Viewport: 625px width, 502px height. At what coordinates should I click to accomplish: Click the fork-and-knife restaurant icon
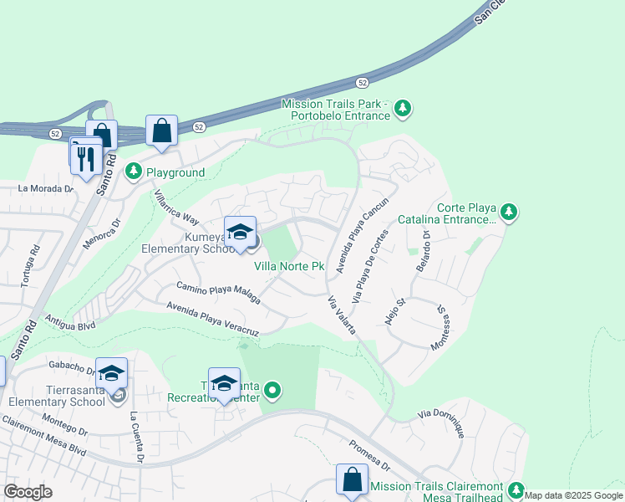(x=86, y=157)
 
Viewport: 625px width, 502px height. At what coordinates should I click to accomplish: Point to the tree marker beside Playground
(x=133, y=172)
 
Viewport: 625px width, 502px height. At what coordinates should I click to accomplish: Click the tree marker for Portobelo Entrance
(x=403, y=107)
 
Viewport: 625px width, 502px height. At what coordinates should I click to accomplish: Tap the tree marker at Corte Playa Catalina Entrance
(x=508, y=213)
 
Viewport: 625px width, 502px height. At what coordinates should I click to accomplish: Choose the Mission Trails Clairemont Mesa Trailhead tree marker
(x=516, y=489)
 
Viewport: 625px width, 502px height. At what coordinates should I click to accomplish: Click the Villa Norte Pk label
(x=289, y=266)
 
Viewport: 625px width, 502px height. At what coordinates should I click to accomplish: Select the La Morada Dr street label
(x=45, y=188)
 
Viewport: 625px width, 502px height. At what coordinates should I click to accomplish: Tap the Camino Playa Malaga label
(x=213, y=288)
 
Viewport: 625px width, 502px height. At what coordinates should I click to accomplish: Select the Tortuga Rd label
(x=34, y=263)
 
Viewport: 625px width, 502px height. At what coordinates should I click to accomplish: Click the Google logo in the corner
(x=28, y=492)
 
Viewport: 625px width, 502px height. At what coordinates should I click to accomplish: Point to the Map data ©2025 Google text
(x=573, y=495)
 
